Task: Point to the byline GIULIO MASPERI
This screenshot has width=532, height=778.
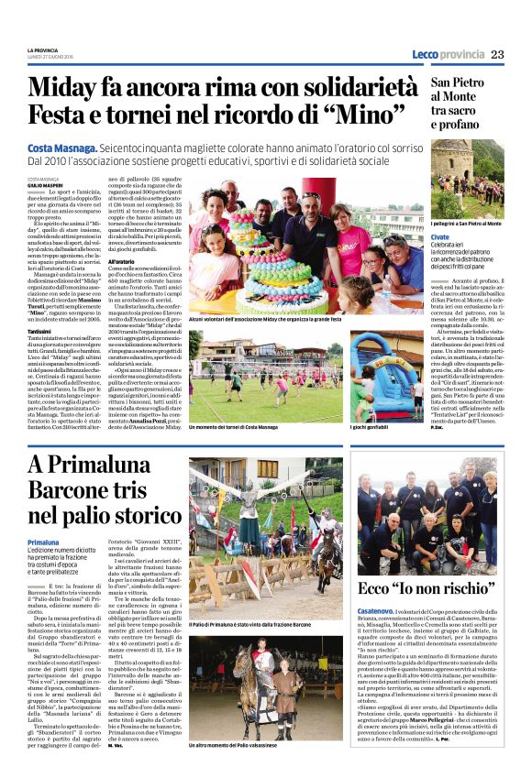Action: (47, 184)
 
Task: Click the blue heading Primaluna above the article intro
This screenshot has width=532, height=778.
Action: (43, 543)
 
